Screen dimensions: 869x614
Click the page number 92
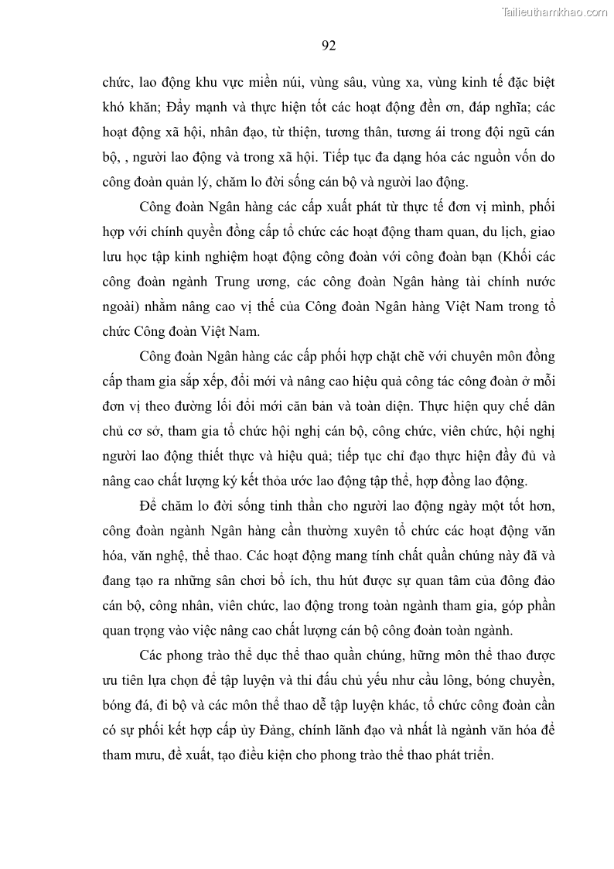pyautogui.click(x=328, y=46)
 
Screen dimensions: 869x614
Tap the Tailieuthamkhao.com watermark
pyautogui.click(x=555, y=12)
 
